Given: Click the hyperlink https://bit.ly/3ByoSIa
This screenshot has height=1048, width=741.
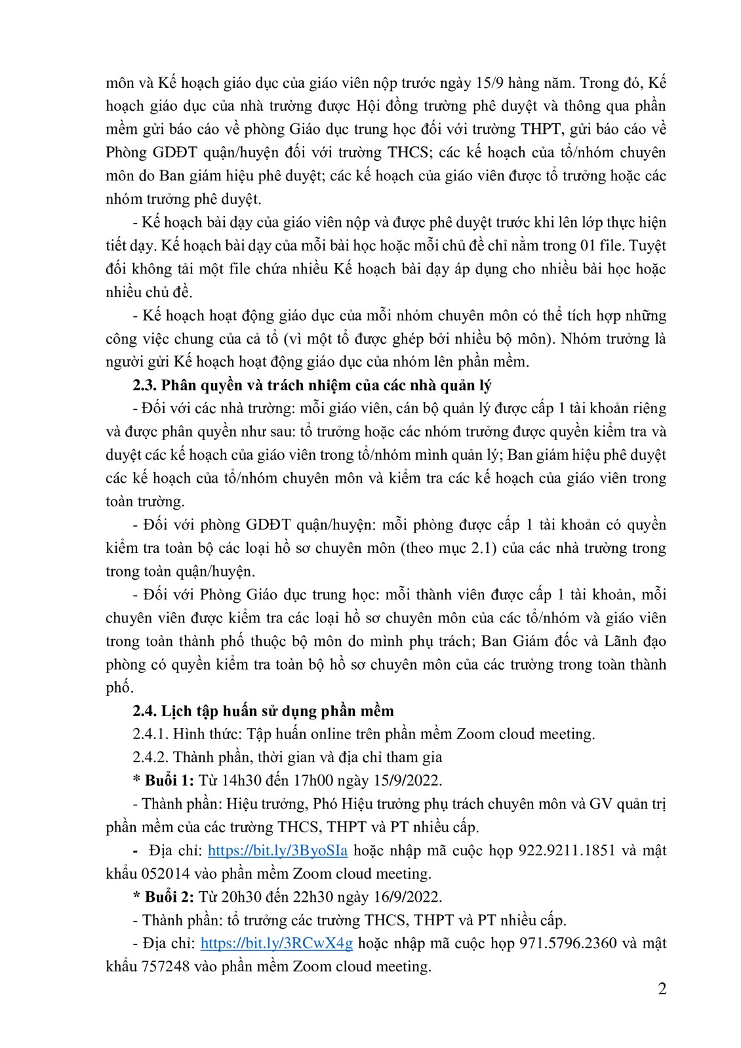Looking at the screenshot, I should click(x=277, y=851).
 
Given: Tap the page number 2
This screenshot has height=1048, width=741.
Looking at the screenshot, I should click(x=662, y=989).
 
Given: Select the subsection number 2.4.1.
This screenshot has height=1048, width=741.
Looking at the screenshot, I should click(x=149, y=734).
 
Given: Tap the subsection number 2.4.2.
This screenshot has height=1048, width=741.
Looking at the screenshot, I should click(x=149, y=757).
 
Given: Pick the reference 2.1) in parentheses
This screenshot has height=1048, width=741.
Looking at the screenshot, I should click(x=486, y=548).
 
